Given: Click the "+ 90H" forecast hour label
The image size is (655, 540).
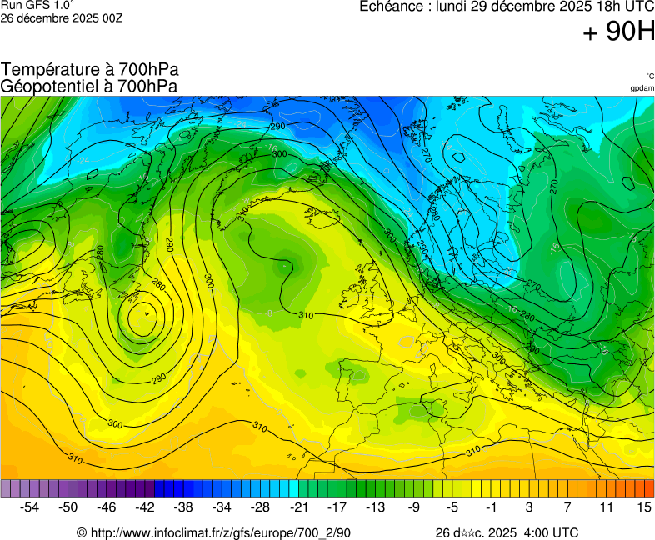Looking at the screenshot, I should [617, 32].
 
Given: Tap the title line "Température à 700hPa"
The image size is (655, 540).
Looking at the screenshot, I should [90, 70].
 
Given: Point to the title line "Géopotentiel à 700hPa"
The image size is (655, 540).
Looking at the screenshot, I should [90, 86].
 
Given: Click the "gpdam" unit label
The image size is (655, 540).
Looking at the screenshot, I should [642, 88].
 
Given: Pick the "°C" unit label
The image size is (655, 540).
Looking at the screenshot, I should [649, 77].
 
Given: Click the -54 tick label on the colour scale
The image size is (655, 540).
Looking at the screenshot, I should [30, 506].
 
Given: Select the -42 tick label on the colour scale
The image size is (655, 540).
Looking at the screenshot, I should [145, 506].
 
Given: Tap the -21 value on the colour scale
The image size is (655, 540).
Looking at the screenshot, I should [298, 506].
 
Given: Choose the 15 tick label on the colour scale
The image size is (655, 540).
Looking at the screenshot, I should [643, 506].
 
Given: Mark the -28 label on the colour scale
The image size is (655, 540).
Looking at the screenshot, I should [260, 506].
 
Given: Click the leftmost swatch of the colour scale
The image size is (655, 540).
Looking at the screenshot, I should [6, 488].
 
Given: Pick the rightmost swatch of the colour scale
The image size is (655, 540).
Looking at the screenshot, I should [649, 488].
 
